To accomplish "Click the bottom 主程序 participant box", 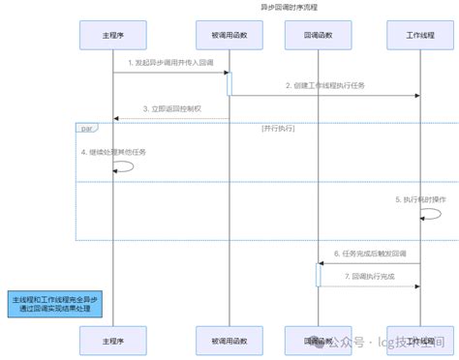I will pos(113,341).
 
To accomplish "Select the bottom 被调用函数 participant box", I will pos(229,341).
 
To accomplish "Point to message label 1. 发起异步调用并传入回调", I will pos(169,63).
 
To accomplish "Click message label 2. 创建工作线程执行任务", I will pos(325,86).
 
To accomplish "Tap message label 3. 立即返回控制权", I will pos(171,109).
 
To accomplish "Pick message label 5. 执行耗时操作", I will pos(421,198).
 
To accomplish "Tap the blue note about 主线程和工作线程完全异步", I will pos(55,306).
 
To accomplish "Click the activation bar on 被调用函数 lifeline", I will pos(229,83).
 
